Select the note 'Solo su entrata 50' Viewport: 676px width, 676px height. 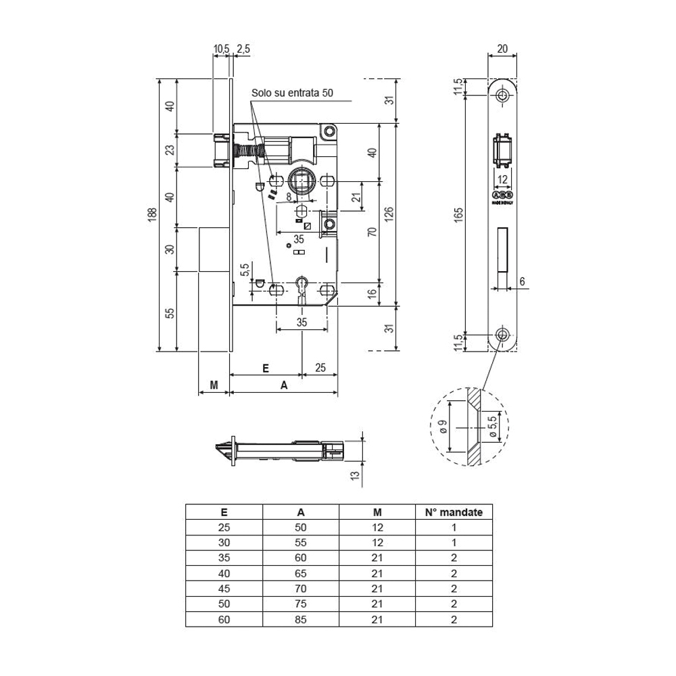coord(292,93)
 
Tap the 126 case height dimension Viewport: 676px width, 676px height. coord(389,215)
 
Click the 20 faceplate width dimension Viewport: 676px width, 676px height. coord(502,49)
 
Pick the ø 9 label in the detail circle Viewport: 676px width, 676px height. coord(442,427)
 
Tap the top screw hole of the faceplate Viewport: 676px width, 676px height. coord(502,96)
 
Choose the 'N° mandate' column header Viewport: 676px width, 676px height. coord(454,512)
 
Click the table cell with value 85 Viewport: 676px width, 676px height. coord(301,618)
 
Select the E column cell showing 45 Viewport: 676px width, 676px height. coord(224,588)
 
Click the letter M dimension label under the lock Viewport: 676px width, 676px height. coord(214,385)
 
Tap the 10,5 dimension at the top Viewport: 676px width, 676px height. coord(221,49)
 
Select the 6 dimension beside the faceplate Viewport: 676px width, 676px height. coord(523,281)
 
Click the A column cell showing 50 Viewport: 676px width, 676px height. coord(301,527)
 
